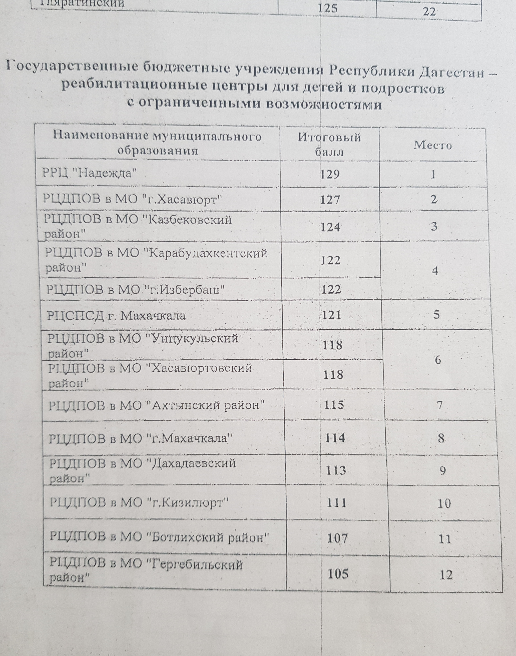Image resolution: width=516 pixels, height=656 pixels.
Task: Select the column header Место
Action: (x=433, y=145)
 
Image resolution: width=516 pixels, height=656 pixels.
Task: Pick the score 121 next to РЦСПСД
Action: (x=331, y=315)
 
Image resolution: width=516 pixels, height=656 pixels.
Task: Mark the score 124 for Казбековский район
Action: (x=331, y=227)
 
